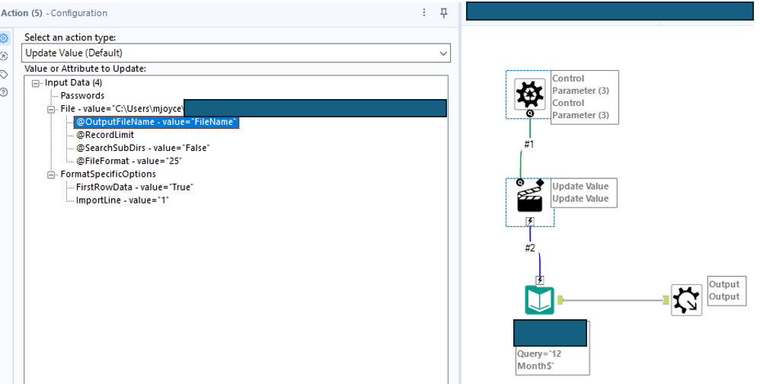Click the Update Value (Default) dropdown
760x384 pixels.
click(x=236, y=53)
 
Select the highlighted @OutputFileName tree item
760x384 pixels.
click(x=157, y=122)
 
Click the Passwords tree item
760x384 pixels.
click(x=82, y=96)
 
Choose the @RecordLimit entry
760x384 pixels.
click(x=105, y=135)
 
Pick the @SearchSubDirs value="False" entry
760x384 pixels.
click(x=142, y=148)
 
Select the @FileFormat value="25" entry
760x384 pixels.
click(x=129, y=161)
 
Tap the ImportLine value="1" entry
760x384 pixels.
click(x=122, y=200)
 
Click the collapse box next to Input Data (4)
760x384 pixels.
click(x=36, y=83)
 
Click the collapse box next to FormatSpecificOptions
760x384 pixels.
click(x=52, y=174)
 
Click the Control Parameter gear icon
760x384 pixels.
click(x=530, y=94)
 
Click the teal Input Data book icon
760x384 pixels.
click(x=540, y=299)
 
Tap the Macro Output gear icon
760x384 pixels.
click(x=686, y=299)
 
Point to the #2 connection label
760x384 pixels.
click(x=532, y=248)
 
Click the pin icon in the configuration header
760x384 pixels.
click(x=444, y=13)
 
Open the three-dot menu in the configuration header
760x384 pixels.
click(x=424, y=13)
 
